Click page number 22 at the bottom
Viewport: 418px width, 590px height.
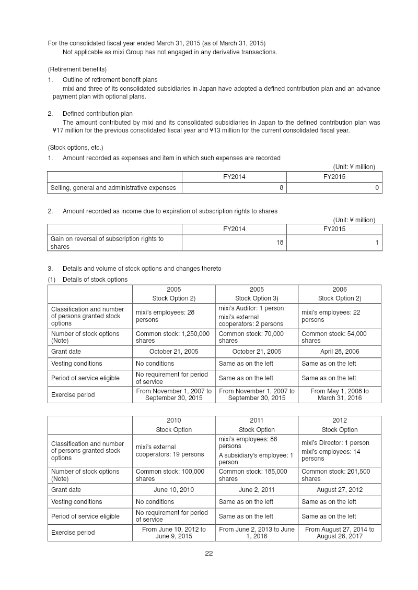[x=208, y=553]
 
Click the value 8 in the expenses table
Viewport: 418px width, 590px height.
[x=281, y=188]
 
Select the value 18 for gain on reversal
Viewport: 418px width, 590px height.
[x=280, y=243]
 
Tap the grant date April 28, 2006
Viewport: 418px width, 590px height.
[x=339, y=352]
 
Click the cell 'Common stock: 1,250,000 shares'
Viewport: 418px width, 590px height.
[x=173, y=337]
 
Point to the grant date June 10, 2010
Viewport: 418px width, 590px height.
[x=173, y=490]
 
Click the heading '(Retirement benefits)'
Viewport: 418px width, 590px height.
[x=77, y=69]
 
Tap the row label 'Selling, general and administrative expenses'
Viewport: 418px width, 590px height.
[x=113, y=188]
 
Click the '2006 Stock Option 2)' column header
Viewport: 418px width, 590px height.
[x=339, y=294]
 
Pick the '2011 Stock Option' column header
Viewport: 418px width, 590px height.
[x=257, y=425]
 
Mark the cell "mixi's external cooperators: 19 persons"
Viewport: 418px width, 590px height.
[x=170, y=451]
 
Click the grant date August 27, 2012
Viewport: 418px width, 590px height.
[x=339, y=490]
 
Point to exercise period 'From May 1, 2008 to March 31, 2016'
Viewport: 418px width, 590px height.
[x=339, y=394]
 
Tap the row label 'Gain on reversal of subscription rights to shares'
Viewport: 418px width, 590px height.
[x=107, y=243]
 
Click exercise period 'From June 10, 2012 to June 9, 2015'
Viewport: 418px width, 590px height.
[x=173, y=533]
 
